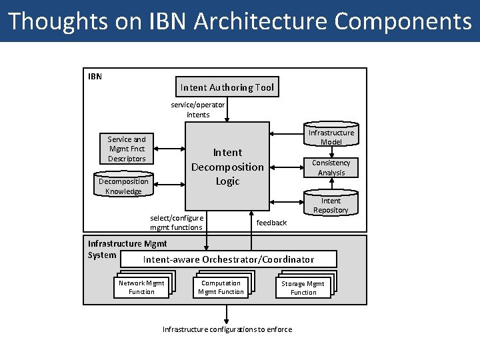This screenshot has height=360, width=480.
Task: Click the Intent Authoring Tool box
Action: click(227, 87)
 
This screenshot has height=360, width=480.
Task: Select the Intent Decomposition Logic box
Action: click(227, 167)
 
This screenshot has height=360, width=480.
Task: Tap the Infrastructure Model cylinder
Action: click(331, 136)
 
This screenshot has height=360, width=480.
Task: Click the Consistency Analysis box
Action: click(331, 167)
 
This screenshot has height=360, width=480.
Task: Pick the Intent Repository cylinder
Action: click(331, 204)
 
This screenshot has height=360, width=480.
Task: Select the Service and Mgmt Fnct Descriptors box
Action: click(127, 149)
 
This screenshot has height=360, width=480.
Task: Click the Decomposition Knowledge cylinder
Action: click(123, 186)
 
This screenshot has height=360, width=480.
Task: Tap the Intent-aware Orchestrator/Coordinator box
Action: click(228, 259)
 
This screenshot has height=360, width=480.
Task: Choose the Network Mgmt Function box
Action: click(141, 287)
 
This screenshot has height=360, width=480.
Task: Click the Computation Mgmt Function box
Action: click(221, 287)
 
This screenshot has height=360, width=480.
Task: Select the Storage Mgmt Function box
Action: click(303, 287)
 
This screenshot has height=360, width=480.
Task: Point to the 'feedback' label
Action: click(271, 223)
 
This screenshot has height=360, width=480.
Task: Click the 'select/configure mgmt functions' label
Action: click(177, 223)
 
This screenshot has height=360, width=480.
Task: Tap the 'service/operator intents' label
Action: click(198, 109)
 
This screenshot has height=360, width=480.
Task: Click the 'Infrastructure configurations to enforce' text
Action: click(227, 329)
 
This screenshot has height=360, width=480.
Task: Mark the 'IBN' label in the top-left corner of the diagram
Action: click(95, 76)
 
